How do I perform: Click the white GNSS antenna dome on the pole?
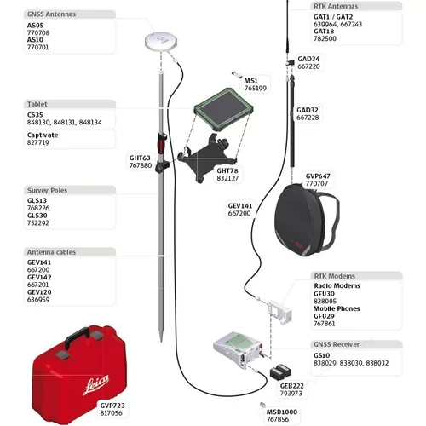(160, 42)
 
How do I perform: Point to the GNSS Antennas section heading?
(51, 15)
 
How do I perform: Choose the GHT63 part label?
(140, 157)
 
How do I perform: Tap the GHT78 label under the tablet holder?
(227, 170)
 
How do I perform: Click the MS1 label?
(251, 79)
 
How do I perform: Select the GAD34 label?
(308, 59)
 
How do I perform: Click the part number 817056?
(112, 413)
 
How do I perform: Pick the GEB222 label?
(291, 385)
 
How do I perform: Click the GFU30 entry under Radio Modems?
(325, 294)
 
